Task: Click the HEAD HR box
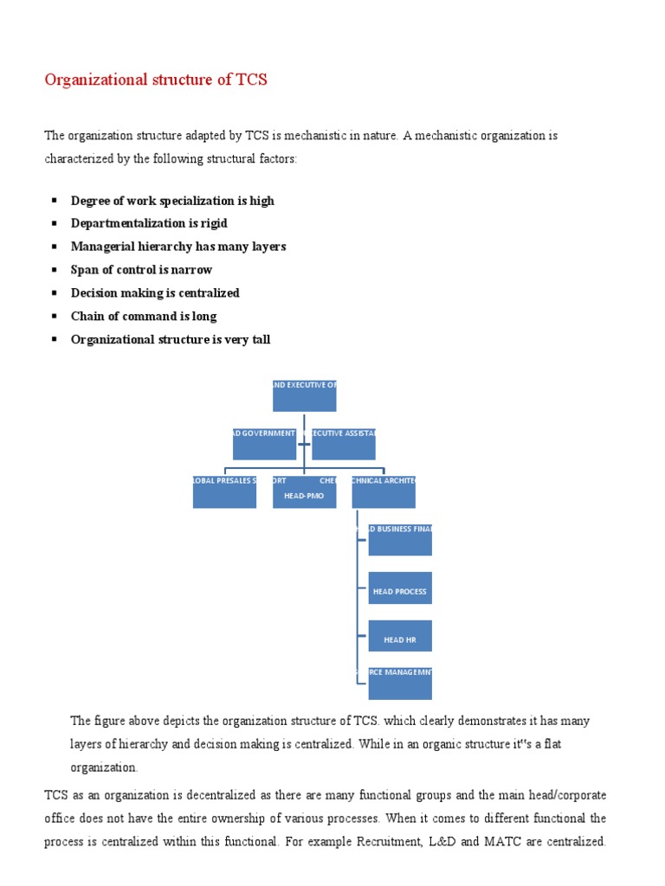pos(400,636)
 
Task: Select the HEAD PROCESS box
pos(400,588)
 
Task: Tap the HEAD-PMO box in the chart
pos(304,491)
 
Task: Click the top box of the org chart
pos(304,395)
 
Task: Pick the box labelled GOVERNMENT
pos(264,443)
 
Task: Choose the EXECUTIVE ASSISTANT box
pos(344,443)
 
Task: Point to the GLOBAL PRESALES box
pos(224,491)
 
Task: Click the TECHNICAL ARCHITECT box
pos(384,491)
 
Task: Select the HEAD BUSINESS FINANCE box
pos(400,540)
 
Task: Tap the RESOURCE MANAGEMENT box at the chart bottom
pos(400,683)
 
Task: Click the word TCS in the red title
pos(252,80)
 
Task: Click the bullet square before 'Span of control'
pos(54,269)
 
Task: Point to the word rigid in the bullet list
pos(213,223)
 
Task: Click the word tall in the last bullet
pos(260,339)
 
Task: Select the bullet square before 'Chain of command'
pos(54,316)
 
